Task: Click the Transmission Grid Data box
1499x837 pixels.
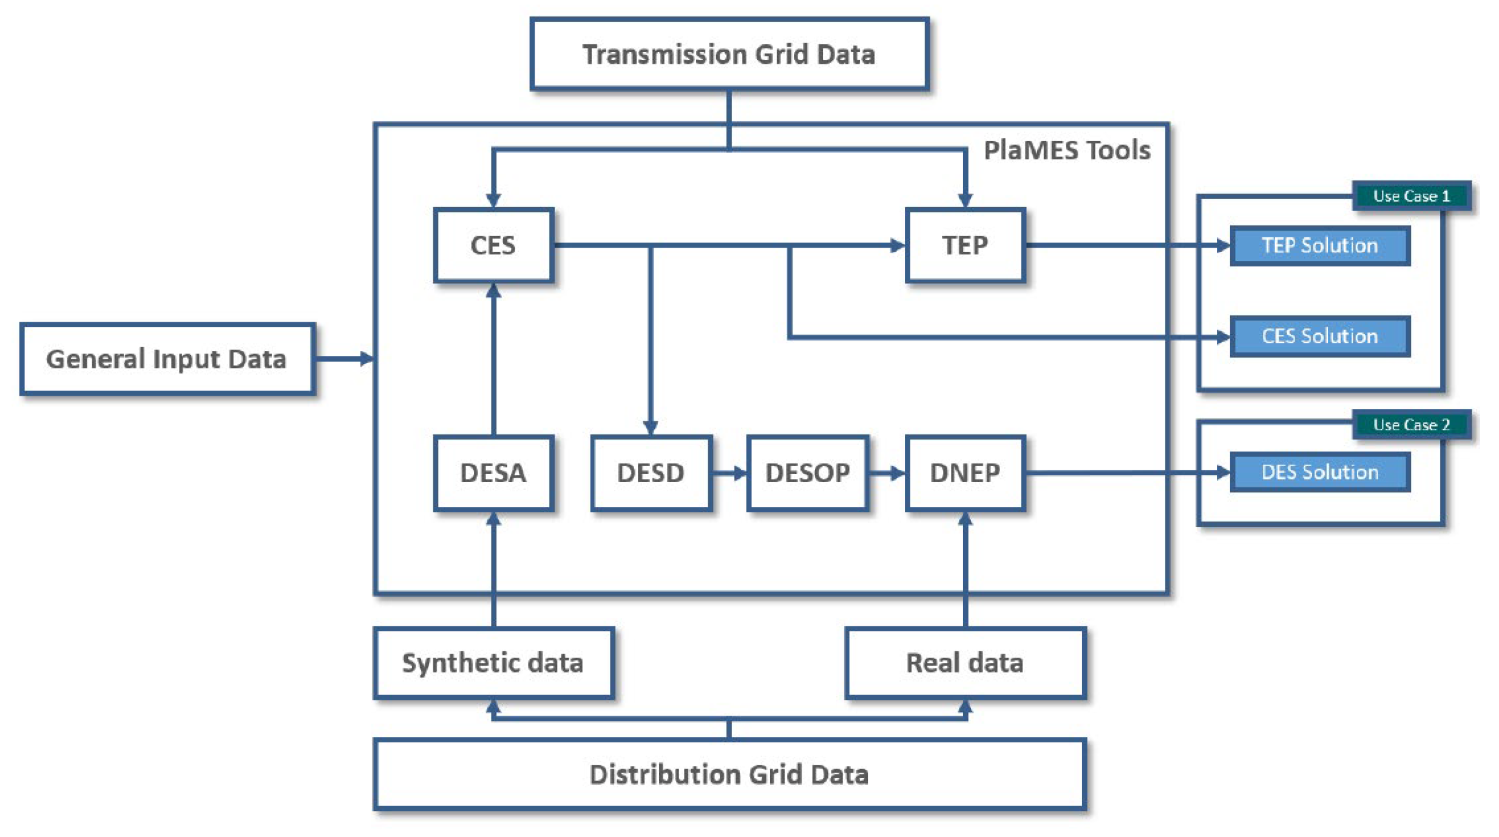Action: pyautogui.click(x=729, y=54)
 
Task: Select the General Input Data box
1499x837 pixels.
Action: pyautogui.click(x=167, y=359)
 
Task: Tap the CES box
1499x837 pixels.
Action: pyautogui.click(x=493, y=245)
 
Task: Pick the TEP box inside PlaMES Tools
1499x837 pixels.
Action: pyautogui.click(x=965, y=245)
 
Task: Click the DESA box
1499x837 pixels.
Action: pyautogui.click(x=493, y=472)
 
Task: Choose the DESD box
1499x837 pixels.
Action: pyautogui.click(x=651, y=472)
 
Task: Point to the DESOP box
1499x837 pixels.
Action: pyautogui.click(x=807, y=472)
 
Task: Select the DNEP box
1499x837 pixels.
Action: pyautogui.click(x=965, y=472)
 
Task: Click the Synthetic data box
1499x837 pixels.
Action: pyautogui.click(x=493, y=662)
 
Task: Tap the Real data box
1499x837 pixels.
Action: pyautogui.click(x=965, y=662)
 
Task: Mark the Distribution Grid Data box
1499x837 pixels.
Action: pyautogui.click(x=729, y=774)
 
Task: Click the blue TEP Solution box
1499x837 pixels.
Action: pyautogui.click(x=1319, y=245)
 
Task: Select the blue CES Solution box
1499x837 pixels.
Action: pyautogui.click(x=1319, y=336)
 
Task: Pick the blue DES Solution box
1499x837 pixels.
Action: pyautogui.click(x=1319, y=472)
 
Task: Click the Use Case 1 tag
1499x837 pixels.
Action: pyautogui.click(x=1411, y=196)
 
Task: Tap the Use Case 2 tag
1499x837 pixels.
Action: pyautogui.click(x=1411, y=424)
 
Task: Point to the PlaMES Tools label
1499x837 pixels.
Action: pyautogui.click(x=1066, y=150)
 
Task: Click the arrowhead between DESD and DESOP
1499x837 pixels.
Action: pyautogui.click(x=739, y=473)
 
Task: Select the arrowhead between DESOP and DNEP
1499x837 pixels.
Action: pyautogui.click(x=897, y=473)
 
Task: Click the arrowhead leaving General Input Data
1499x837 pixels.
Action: pyautogui.click(x=366, y=359)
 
